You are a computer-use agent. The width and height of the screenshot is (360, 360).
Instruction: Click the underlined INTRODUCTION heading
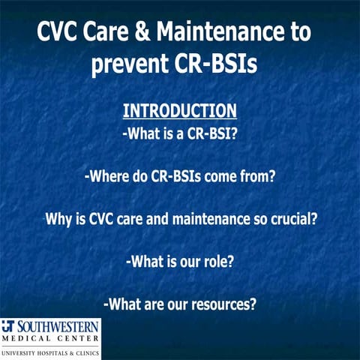(x=179, y=111)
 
